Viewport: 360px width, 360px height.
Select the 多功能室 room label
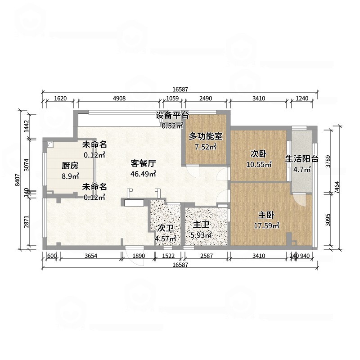[x=206, y=135]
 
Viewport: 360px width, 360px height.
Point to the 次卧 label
[x=258, y=154]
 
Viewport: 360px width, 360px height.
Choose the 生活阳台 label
[x=302, y=159]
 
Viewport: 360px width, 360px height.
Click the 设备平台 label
[x=172, y=115]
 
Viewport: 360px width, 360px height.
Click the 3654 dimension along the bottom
[x=91, y=256]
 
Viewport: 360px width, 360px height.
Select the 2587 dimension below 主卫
[x=205, y=256]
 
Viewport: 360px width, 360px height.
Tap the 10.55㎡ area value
[x=258, y=164]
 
